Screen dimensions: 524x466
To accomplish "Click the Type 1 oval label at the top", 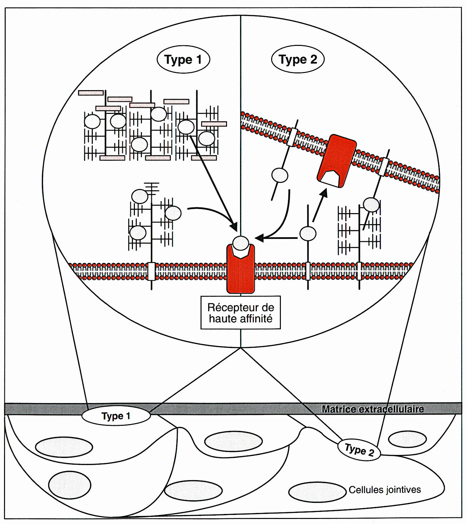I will (x=183, y=60).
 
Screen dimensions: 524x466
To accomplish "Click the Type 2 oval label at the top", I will (x=298, y=60).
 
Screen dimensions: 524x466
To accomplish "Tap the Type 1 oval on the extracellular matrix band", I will (x=116, y=416).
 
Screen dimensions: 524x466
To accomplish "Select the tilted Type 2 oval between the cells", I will (x=359, y=450).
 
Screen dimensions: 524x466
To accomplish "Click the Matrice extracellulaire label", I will (x=372, y=409).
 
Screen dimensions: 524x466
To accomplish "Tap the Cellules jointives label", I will (x=385, y=490).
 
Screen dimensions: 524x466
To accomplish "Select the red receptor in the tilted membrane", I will (x=336, y=160).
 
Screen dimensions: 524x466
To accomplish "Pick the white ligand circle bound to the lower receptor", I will (x=241, y=244).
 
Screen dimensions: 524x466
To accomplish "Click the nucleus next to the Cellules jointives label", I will (x=317, y=492).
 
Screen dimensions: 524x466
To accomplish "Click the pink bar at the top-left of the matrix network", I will (x=91, y=93).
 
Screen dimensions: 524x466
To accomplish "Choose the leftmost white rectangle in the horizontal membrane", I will (x=152, y=271).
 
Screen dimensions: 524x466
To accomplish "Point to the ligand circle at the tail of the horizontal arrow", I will (x=308, y=234).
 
